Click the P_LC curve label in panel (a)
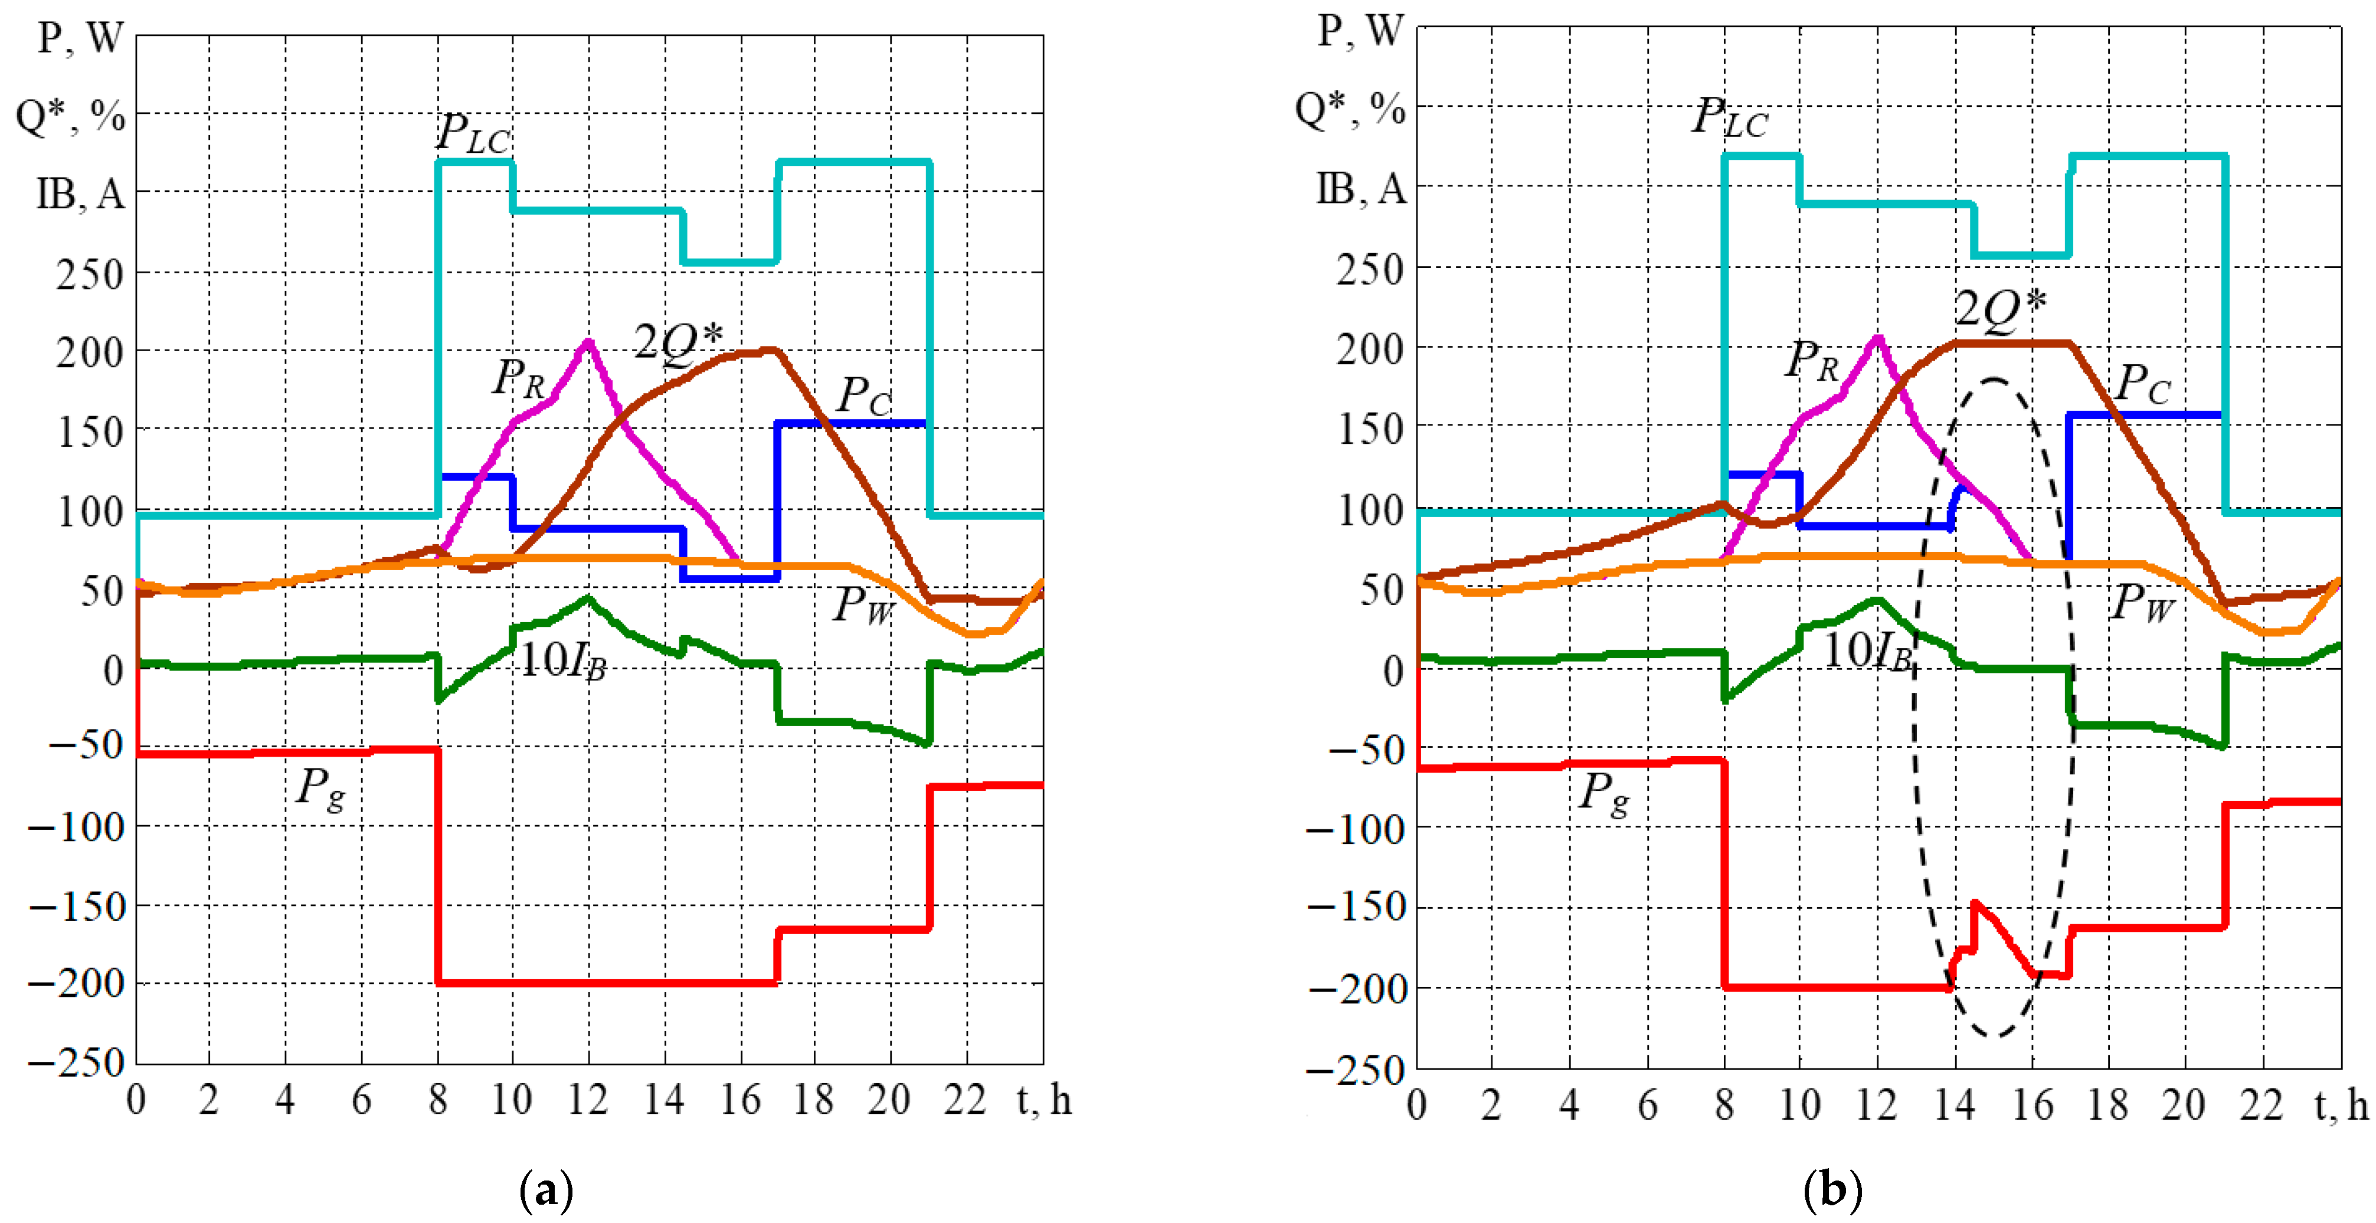[x=472, y=135]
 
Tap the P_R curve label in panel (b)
[x=1812, y=361]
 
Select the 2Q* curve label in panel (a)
[x=679, y=342]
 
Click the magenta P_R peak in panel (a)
[x=588, y=342]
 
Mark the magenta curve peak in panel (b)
[x=1877, y=338]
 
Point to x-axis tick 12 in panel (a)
[x=588, y=1100]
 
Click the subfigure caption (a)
[x=547, y=1191]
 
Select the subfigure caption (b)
[x=1832, y=1191]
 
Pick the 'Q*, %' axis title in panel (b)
[x=1350, y=109]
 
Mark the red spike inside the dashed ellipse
[x=1975, y=904]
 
